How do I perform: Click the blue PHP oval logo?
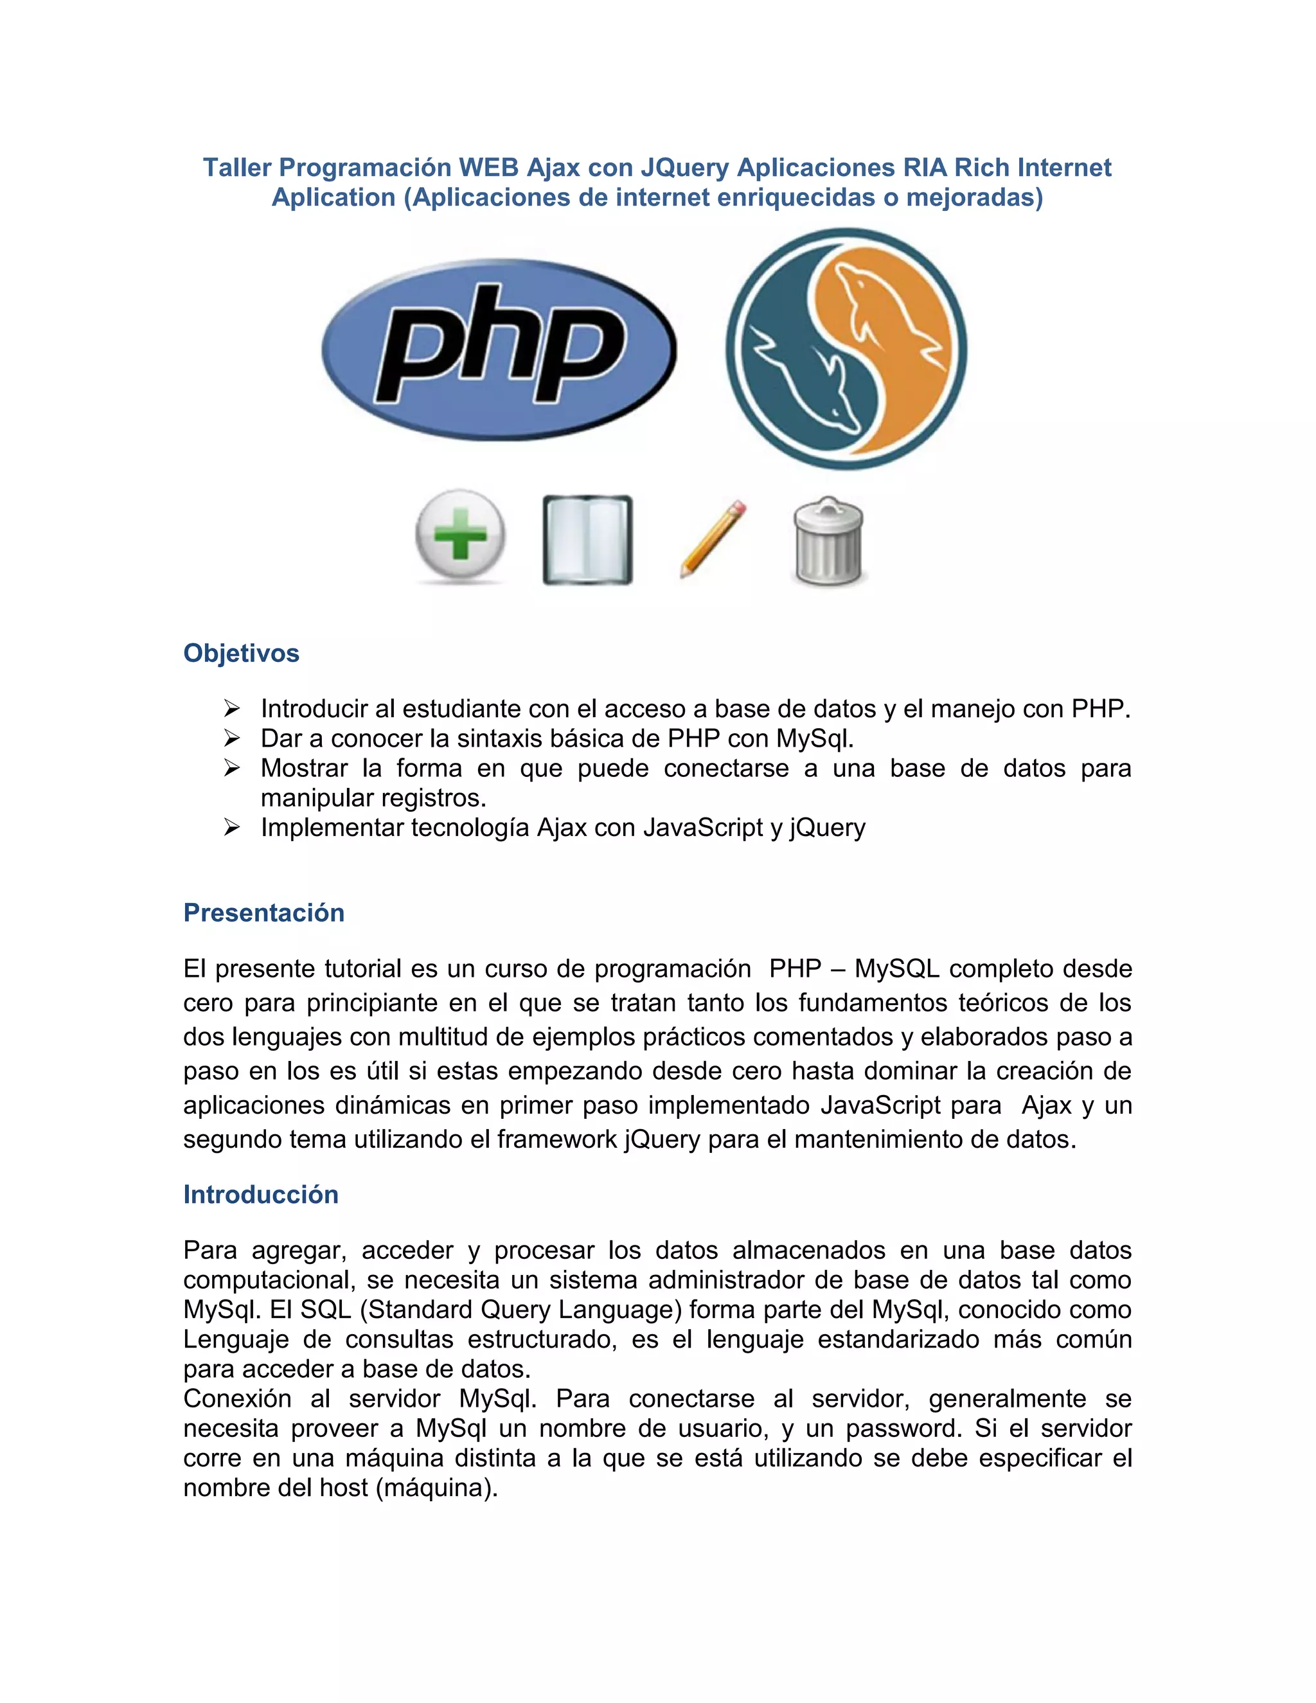pyautogui.click(x=499, y=350)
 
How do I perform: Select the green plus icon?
pyautogui.click(x=460, y=537)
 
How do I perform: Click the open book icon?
pyautogui.click(x=587, y=540)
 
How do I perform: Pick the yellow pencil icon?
pyautogui.click(x=713, y=540)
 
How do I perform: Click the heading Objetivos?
pyautogui.click(x=241, y=653)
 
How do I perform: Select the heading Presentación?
pyautogui.click(x=263, y=913)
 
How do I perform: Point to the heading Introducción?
pyautogui.click(x=260, y=1194)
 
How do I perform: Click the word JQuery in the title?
pyautogui.click(x=684, y=168)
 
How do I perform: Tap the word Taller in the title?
pyautogui.click(x=237, y=168)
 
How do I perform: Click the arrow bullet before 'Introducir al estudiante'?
pyautogui.click(x=231, y=708)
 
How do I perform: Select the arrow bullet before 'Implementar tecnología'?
pyautogui.click(x=231, y=827)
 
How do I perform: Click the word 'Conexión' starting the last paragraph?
pyautogui.click(x=237, y=1398)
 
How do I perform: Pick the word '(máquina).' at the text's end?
pyautogui.click(x=436, y=1488)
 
